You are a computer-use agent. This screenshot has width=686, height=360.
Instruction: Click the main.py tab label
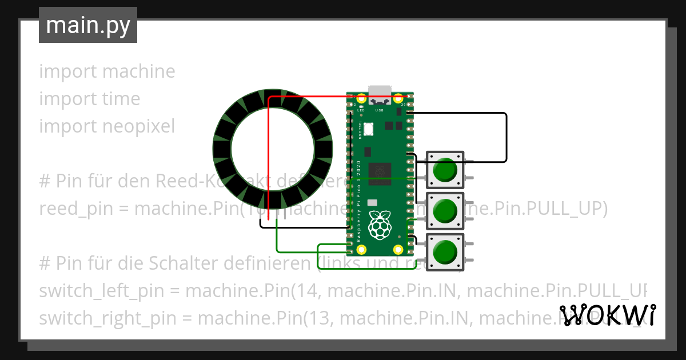[x=88, y=25]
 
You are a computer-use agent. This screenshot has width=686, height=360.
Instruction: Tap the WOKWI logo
[x=607, y=315]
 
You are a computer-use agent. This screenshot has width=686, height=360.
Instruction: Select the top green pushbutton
[x=445, y=170]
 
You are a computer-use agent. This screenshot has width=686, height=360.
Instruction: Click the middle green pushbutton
[x=445, y=211]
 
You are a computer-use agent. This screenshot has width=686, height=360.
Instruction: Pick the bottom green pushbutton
[x=445, y=252]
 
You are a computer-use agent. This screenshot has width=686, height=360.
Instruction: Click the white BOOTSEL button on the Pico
[x=369, y=129]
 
